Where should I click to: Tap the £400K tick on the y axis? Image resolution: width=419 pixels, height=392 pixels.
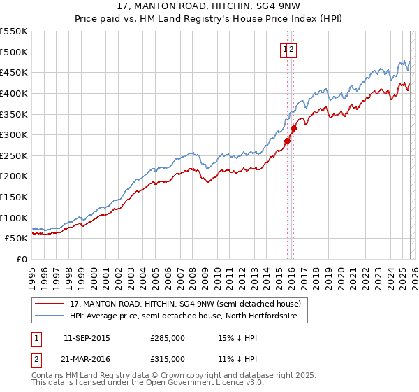(x=14, y=93)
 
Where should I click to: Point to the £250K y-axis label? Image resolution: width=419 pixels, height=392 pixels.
(x=14, y=155)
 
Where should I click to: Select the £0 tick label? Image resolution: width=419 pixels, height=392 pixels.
(x=22, y=259)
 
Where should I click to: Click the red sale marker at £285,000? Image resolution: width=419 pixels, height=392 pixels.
(x=287, y=141)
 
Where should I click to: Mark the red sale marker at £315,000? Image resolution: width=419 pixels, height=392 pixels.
(x=293, y=128)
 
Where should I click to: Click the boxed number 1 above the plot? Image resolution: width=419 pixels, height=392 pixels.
(x=285, y=49)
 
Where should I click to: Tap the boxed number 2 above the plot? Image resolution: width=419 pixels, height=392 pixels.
(x=293, y=49)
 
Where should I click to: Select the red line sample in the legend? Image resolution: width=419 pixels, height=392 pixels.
(x=50, y=304)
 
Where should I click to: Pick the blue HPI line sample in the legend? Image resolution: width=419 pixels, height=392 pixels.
(x=50, y=316)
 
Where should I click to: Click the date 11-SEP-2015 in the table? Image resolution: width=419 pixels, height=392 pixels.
(x=86, y=338)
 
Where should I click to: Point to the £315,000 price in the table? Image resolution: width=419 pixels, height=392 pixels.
(x=168, y=359)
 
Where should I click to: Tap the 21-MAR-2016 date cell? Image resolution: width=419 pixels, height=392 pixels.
(x=87, y=359)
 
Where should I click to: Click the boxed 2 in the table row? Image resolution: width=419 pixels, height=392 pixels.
(x=36, y=359)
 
